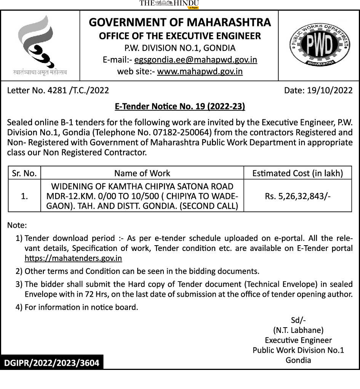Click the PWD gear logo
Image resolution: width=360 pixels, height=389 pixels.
[319, 45]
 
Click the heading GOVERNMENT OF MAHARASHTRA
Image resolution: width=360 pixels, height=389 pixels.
[180, 23]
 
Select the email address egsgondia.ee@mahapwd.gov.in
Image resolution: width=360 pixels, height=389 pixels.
[196, 60]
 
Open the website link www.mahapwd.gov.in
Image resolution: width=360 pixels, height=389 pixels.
[200, 71]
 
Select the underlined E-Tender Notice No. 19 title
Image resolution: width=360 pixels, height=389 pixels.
[180, 107]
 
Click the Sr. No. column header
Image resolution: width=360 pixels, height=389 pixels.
[24, 173]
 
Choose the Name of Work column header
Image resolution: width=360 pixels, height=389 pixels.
[142, 173]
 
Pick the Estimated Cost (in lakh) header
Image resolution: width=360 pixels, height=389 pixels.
[298, 173]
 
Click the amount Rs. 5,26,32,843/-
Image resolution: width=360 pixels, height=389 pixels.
[298, 196]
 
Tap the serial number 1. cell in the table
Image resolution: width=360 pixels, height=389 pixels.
[24, 196]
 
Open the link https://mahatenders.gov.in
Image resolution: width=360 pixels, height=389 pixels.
[73, 258]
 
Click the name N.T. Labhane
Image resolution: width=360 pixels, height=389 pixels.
[298, 330]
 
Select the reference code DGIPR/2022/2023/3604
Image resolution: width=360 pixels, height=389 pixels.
[51, 363]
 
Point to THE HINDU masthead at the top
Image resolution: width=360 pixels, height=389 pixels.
[169, 4]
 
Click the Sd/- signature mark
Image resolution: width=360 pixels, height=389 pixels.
[298, 320]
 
